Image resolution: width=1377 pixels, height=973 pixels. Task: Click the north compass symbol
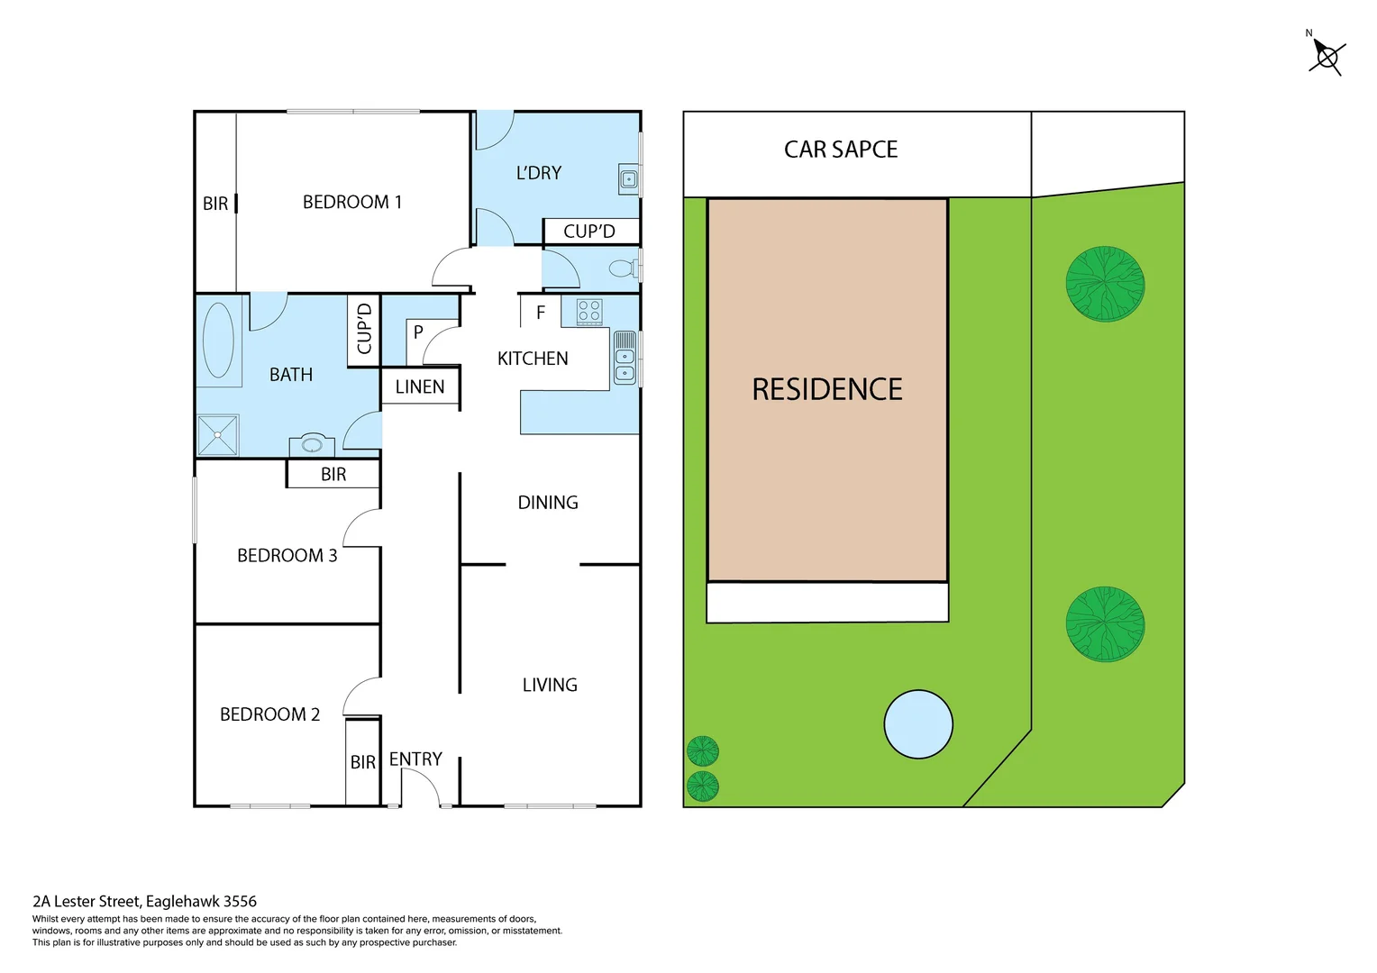point(1327,57)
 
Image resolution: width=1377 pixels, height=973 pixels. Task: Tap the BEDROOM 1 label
point(351,203)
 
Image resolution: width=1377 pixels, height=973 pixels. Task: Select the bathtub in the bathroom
point(218,341)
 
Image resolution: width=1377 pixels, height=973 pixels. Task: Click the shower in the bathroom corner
point(218,435)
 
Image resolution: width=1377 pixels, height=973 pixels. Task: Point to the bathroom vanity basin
point(312,445)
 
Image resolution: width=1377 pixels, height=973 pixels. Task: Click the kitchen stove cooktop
point(588,312)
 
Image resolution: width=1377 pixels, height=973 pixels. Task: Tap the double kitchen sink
point(625,359)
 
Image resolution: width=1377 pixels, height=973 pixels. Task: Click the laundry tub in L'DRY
point(628,179)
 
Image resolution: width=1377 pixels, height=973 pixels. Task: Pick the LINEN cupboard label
point(420,387)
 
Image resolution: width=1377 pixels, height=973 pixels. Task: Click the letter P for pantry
point(418,332)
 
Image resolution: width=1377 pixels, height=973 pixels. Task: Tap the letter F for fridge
point(541,313)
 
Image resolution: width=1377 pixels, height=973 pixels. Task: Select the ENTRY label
point(415,759)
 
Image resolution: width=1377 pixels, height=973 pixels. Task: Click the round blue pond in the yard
point(917,724)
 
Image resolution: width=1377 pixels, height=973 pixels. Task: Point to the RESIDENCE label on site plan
point(827,389)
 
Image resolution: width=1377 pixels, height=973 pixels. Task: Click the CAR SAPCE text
point(841,150)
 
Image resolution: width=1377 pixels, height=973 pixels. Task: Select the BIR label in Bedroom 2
point(362,763)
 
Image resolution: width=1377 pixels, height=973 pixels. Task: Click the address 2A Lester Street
point(144,901)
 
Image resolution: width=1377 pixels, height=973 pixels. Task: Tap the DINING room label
point(548,503)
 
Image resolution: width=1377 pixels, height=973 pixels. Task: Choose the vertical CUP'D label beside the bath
point(364,329)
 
